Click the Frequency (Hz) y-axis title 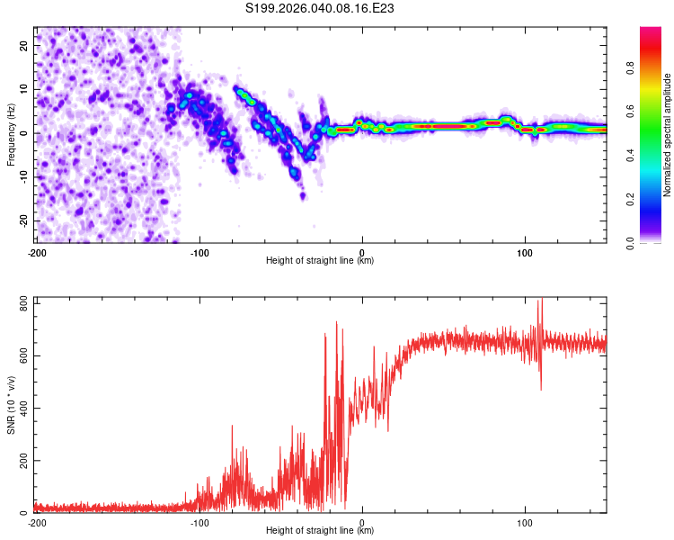11,133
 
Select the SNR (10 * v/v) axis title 11,404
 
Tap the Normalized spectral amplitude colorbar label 668,134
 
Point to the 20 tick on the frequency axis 23,45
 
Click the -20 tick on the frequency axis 22,220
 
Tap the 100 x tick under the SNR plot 525,522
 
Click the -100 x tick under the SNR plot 199,522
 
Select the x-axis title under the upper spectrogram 322,261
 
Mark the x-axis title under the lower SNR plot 322,531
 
